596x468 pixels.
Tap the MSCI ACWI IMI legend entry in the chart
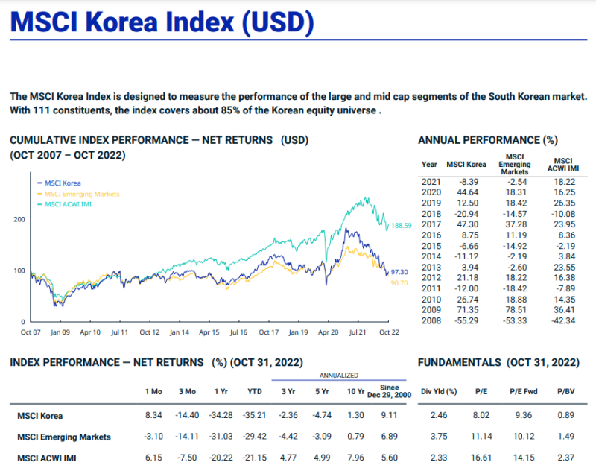pyautogui.click(x=68, y=203)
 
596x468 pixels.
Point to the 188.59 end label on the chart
pyautogui.click(x=402, y=225)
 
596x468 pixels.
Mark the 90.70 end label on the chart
pyautogui.click(x=399, y=283)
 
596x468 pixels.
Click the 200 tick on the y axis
pyautogui.click(x=19, y=220)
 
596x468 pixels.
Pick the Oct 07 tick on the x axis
pyautogui.click(x=31, y=332)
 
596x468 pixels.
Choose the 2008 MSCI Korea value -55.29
pyautogui.click(x=467, y=321)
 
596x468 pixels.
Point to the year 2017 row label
pyautogui.click(x=431, y=224)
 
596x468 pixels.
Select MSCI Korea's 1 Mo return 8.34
pyautogui.click(x=153, y=416)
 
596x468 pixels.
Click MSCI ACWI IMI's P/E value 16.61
pyautogui.click(x=479, y=457)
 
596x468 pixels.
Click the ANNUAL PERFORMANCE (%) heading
pyautogui.click(x=488, y=140)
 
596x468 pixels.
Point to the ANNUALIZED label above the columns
pyautogui.click(x=339, y=376)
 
